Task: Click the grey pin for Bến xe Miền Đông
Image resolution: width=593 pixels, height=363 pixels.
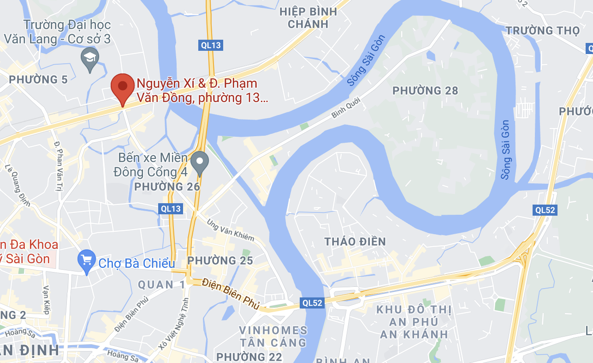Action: (x=200, y=163)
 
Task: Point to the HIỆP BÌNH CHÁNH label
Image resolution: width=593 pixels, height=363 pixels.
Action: (x=308, y=18)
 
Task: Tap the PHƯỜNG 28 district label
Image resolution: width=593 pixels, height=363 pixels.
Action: (x=425, y=91)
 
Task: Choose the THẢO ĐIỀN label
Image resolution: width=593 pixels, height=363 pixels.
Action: (x=355, y=242)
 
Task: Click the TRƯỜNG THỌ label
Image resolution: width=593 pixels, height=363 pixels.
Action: (x=542, y=31)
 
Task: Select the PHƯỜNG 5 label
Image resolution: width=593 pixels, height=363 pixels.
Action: (x=38, y=79)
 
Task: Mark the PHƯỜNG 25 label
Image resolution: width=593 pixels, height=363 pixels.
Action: (x=220, y=260)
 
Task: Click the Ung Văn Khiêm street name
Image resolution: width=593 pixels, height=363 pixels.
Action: (x=231, y=230)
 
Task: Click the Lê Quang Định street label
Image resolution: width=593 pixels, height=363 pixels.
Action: (x=14, y=185)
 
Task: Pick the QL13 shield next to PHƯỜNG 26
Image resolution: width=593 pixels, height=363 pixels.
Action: (x=171, y=208)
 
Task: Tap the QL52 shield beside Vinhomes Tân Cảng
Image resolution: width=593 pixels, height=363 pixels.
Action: (x=312, y=303)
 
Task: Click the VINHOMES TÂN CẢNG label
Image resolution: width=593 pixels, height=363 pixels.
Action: (x=273, y=337)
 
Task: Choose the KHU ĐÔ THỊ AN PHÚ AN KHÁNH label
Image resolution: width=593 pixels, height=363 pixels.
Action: (x=414, y=322)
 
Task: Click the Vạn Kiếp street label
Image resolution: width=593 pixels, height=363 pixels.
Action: (x=46, y=300)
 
